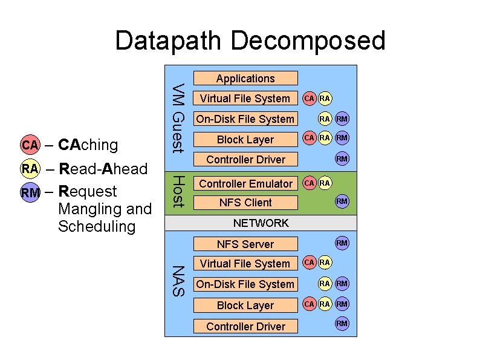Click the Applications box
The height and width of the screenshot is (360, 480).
pyautogui.click(x=245, y=78)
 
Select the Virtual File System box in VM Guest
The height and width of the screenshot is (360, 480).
pyautogui.click(x=245, y=98)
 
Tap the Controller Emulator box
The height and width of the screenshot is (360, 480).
pyautogui.click(x=245, y=183)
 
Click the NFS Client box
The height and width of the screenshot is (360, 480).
pyautogui.click(x=245, y=202)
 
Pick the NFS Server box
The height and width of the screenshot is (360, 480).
pyautogui.click(x=245, y=244)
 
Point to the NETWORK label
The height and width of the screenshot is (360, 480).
pyautogui.click(x=261, y=223)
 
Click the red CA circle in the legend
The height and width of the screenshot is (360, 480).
pyautogui.click(x=30, y=145)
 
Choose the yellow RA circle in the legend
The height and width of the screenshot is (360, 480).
pyautogui.click(x=30, y=168)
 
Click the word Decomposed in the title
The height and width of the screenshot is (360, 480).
pyautogui.click(x=308, y=41)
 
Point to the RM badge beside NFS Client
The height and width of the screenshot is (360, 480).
pyautogui.click(x=342, y=201)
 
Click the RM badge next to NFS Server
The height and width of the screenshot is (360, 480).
pyautogui.click(x=342, y=243)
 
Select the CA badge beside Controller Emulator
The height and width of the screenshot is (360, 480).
pyautogui.click(x=309, y=182)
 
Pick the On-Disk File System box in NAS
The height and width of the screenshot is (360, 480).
pyautogui.click(x=245, y=284)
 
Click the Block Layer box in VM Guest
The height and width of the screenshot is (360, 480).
pyautogui.click(x=245, y=139)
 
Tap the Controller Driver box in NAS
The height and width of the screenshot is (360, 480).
pyautogui.click(x=245, y=326)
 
